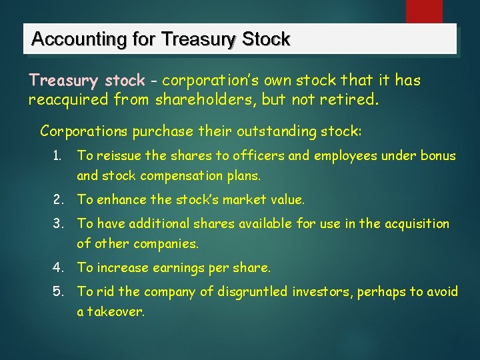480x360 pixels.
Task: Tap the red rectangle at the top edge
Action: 424,11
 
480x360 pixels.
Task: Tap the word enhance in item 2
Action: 119,199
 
